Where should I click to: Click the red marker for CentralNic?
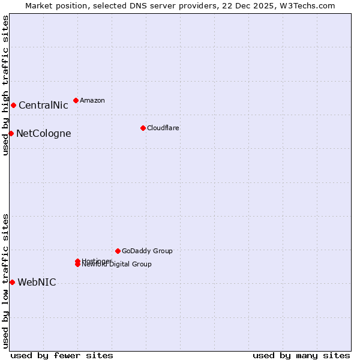coord(13,106)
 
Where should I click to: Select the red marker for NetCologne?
coord(11,133)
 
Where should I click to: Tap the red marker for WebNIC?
coord(12,282)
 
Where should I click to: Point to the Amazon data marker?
coord(76,100)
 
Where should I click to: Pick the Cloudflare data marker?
coord(143,128)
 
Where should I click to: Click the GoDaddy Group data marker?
coord(118,251)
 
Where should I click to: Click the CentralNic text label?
coord(43,106)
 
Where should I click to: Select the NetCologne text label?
coord(43,134)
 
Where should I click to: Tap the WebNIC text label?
coord(37,283)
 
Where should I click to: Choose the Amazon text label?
coord(92,101)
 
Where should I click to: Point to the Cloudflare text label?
coord(163,128)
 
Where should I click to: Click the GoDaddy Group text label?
coord(147,251)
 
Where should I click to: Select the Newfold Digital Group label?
coord(118,265)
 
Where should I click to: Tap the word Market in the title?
coord(39,6)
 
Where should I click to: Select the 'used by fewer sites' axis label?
coord(62,356)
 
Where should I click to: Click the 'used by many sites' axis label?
coord(301,356)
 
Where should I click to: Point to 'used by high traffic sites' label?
coord(6,85)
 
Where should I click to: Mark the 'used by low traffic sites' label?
coord(6,281)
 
